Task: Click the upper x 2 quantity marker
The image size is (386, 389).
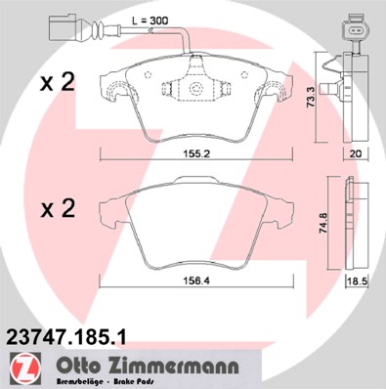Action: (55, 82)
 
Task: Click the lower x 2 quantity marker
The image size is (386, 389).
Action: (55, 209)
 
